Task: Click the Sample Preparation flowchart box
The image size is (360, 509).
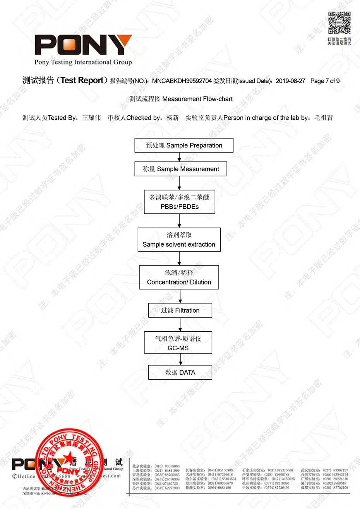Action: click(x=184, y=145)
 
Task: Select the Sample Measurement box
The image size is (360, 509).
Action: click(x=180, y=169)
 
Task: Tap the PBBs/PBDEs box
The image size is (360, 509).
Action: click(x=179, y=202)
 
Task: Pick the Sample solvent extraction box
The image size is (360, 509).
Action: click(x=179, y=240)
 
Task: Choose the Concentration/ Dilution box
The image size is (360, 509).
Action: click(x=179, y=277)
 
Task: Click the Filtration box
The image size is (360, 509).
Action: click(x=180, y=310)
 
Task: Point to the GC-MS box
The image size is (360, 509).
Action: click(x=178, y=343)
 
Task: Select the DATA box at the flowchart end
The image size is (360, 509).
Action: click(x=180, y=372)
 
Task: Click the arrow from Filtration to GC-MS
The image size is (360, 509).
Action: click(x=180, y=324)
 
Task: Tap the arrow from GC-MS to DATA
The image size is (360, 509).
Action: click(x=180, y=359)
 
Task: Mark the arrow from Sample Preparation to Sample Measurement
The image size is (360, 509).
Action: click(x=179, y=157)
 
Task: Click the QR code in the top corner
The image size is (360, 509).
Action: click(x=339, y=23)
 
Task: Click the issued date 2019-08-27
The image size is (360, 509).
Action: click(x=290, y=81)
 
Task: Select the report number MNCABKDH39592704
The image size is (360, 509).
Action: click(x=182, y=81)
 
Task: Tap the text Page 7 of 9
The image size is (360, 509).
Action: click(x=325, y=81)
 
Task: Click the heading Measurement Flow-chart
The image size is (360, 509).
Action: click(x=197, y=99)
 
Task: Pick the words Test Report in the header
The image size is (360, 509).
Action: click(x=82, y=81)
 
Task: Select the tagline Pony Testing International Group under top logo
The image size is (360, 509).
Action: click(x=83, y=62)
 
